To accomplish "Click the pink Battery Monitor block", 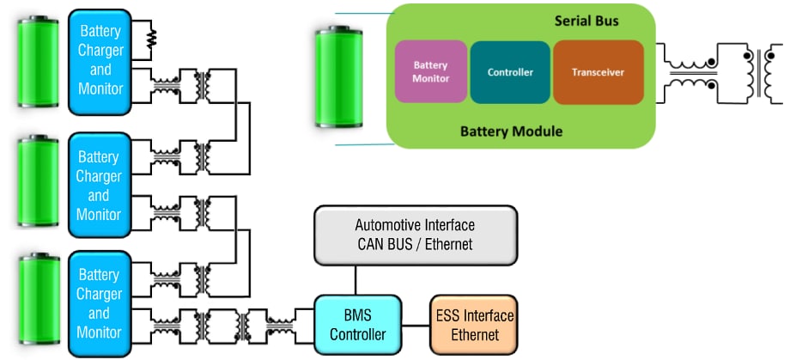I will (x=431, y=70).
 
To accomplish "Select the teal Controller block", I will (x=510, y=72).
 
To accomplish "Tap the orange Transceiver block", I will (x=599, y=72).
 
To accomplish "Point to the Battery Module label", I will (x=511, y=131).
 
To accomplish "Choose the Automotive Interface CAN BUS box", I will (x=416, y=235).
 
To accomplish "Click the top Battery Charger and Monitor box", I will (x=100, y=60).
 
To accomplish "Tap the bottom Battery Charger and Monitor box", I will (x=100, y=302).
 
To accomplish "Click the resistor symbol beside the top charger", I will (x=152, y=38).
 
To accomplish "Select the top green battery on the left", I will (x=39, y=63).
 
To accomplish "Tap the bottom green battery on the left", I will (x=39, y=302).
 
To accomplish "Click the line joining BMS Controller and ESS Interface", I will (x=415, y=325).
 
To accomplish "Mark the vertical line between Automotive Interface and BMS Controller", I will (x=355, y=279).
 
